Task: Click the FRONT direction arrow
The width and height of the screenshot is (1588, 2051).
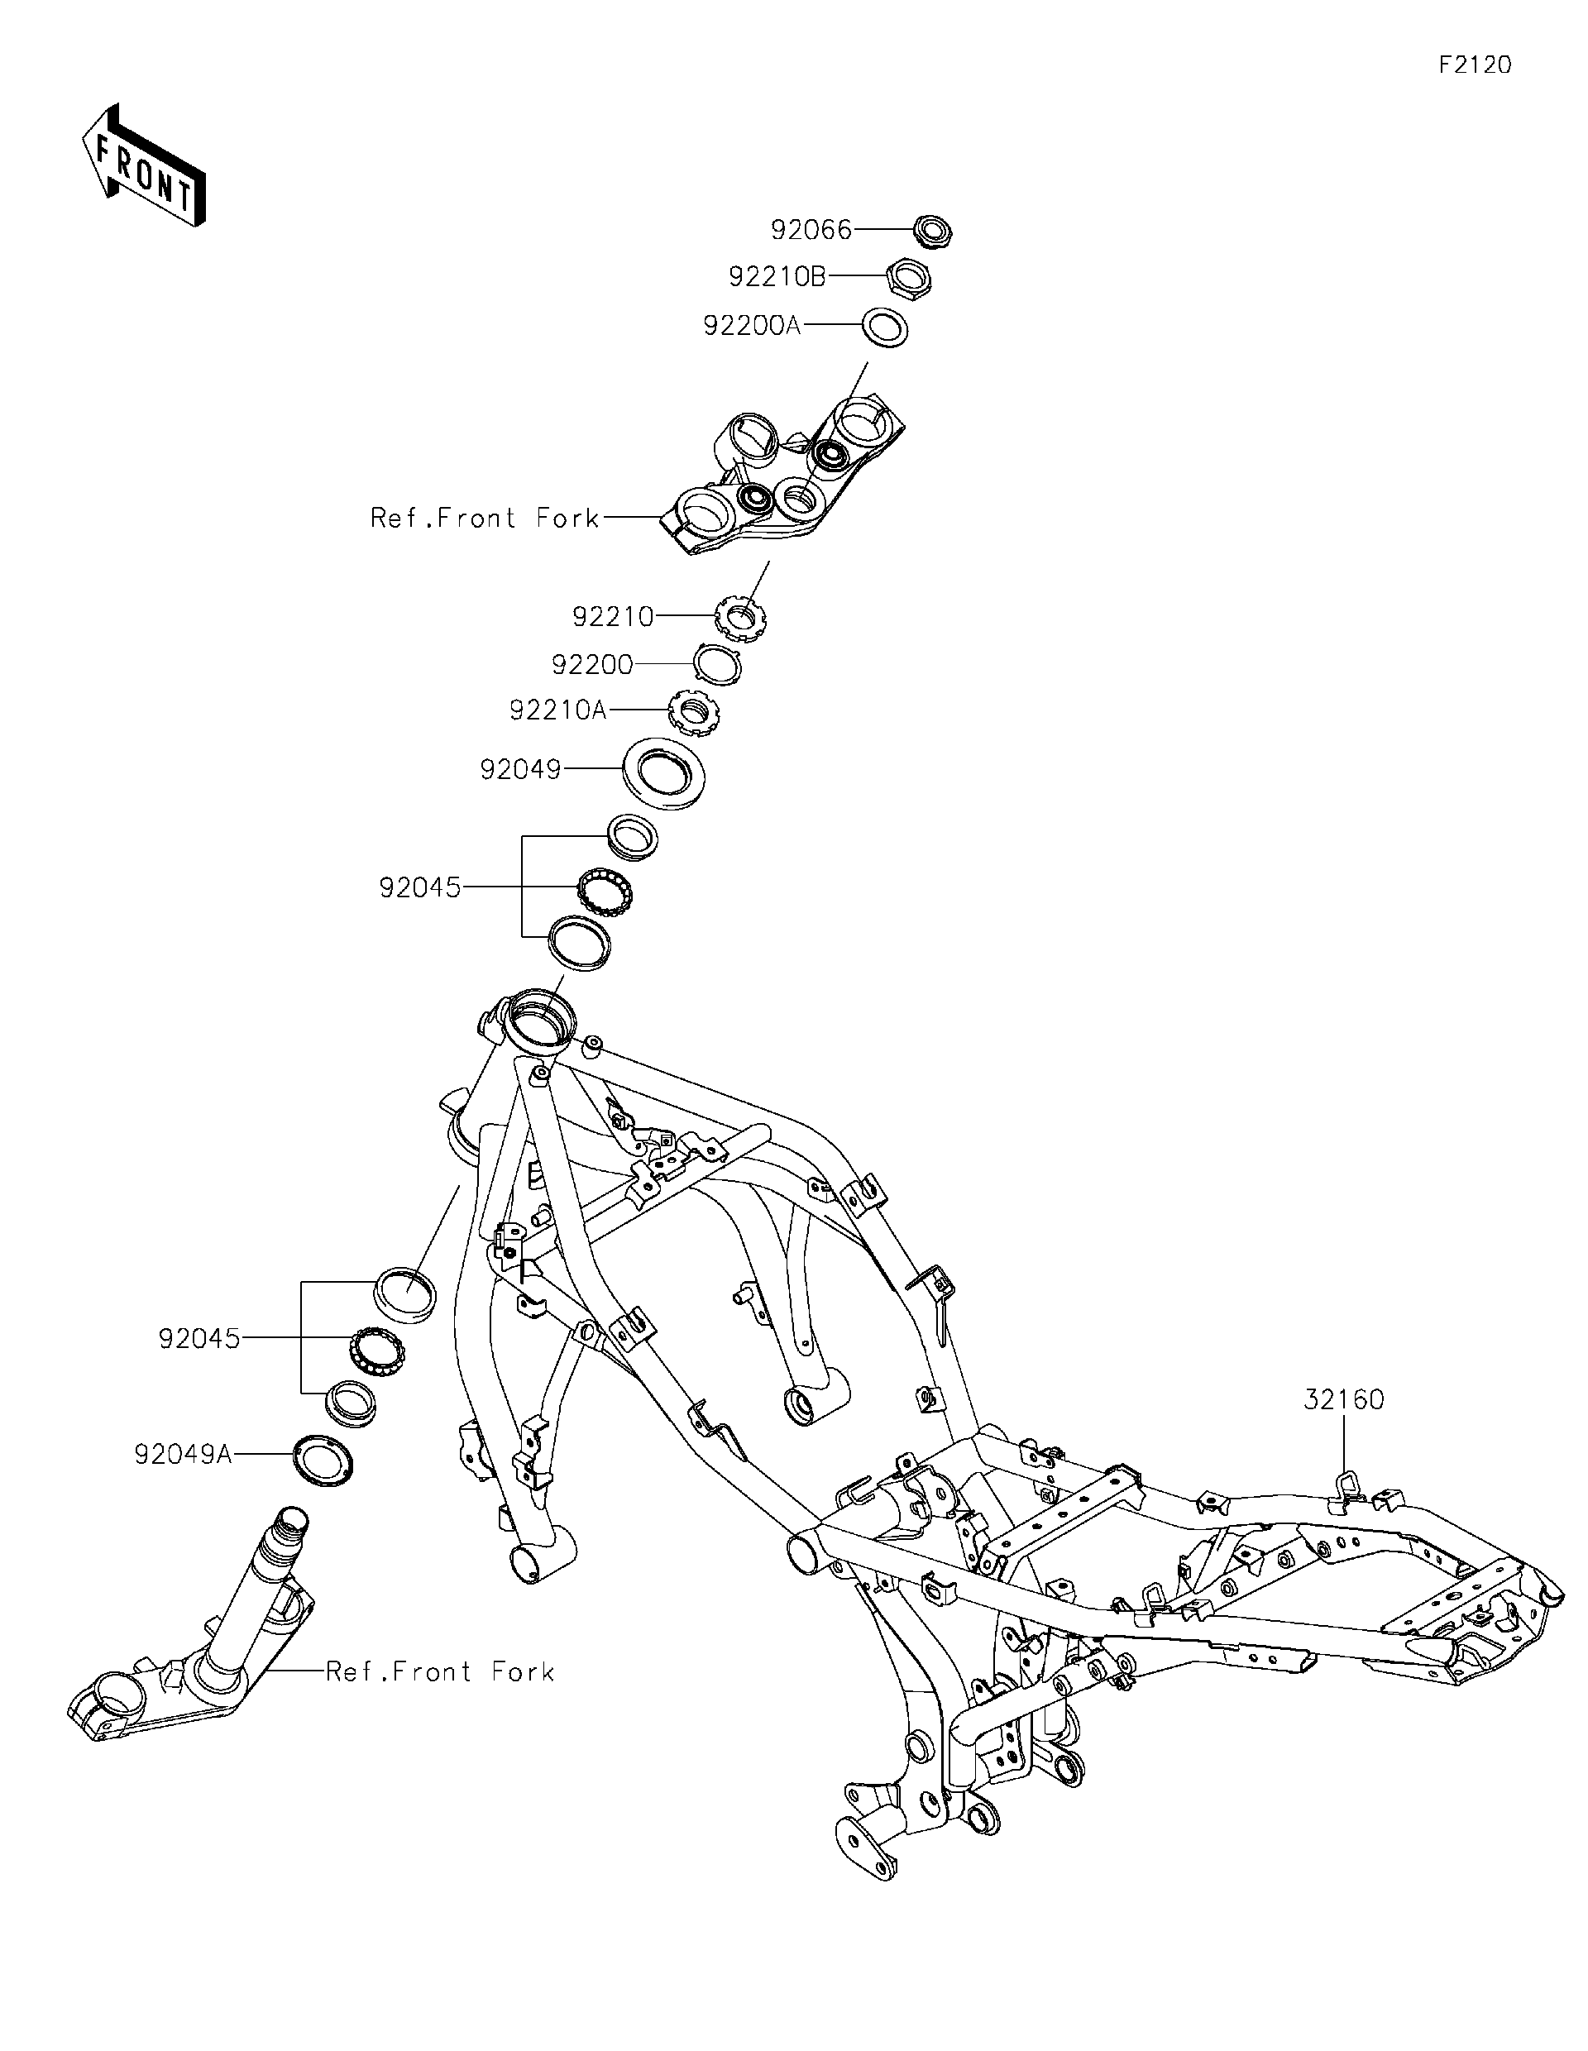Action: click(x=144, y=165)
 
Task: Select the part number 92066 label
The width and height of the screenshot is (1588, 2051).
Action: click(x=811, y=229)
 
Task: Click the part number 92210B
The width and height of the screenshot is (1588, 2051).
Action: click(x=777, y=277)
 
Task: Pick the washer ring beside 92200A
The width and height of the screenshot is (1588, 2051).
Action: click(x=885, y=327)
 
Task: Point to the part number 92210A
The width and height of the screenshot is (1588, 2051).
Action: click(x=557, y=710)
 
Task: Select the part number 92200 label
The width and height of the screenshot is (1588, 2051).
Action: click(x=591, y=665)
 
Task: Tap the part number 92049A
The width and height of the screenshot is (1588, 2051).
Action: click(x=183, y=1455)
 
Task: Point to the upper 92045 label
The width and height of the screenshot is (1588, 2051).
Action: click(x=420, y=887)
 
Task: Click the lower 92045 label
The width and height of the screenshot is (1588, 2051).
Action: click(x=199, y=1339)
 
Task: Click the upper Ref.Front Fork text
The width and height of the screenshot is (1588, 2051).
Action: click(x=485, y=519)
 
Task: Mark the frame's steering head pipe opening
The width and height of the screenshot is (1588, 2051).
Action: click(x=538, y=1018)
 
